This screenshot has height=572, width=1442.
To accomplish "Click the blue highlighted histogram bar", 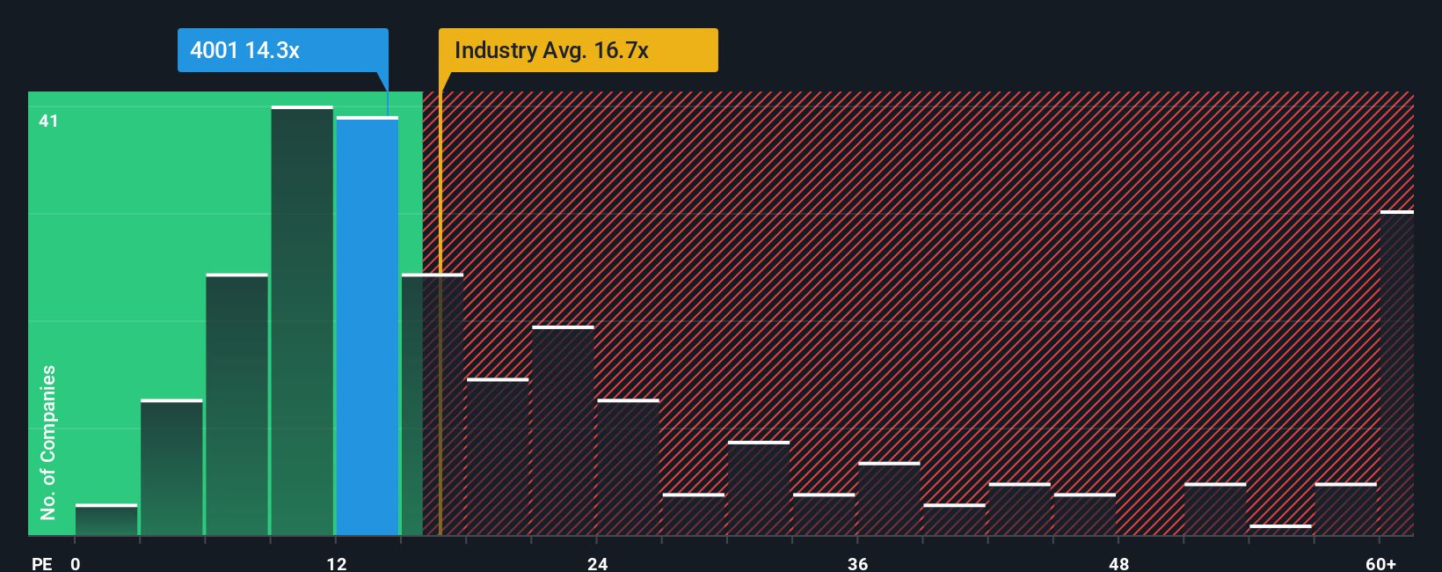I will point(368,326).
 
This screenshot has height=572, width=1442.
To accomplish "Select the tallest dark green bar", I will point(302,321).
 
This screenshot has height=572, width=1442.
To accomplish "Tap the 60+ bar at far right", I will point(1396,373).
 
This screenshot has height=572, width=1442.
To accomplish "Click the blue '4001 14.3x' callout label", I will point(282,50).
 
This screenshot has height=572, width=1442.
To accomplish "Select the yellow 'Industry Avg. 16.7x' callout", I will point(578,50).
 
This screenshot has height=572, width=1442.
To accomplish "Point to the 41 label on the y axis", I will point(48,121).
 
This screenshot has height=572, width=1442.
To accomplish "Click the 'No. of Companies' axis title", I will point(48,442).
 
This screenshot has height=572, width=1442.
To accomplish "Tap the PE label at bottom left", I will point(41,563).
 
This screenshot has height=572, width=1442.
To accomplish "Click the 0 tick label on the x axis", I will point(76,563).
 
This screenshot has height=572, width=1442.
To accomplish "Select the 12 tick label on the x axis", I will point(337,563).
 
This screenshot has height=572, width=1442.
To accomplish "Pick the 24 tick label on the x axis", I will point(597,563).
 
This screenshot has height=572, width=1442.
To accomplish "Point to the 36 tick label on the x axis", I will point(858,563).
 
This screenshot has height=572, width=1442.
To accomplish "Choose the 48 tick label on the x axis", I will point(1118,563).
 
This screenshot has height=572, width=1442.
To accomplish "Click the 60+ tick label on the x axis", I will point(1380,563).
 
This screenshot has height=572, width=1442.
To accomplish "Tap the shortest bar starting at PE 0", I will point(106,520).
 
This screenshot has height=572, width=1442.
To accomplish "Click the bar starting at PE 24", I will point(628,467).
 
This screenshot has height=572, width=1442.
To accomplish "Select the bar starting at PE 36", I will point(889,499).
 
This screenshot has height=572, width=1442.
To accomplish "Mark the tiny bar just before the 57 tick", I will point(1280,530).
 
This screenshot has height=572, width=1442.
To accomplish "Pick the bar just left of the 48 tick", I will point(1084,515).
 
